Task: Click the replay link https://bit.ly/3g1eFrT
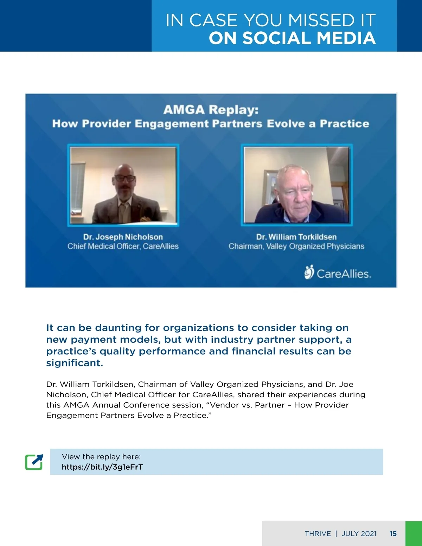click(102, 467)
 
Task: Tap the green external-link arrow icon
click(34, 462)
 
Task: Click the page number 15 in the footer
click(393, 534)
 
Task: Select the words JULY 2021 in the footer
click(359, 534)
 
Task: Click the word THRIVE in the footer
click(318, 534)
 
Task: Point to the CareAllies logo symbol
click(309, 272)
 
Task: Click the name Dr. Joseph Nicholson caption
click(123, 237)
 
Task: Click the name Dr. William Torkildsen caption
click(296, 237)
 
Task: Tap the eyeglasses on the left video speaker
click(125, 179)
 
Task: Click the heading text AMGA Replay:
click(211, 110)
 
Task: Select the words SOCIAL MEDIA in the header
click(309, 38)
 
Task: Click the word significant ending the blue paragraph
click(75, 363)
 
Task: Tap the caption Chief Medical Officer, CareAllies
click(123, 246)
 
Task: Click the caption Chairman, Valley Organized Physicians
click(296, 246)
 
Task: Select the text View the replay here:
click(101, 457)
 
